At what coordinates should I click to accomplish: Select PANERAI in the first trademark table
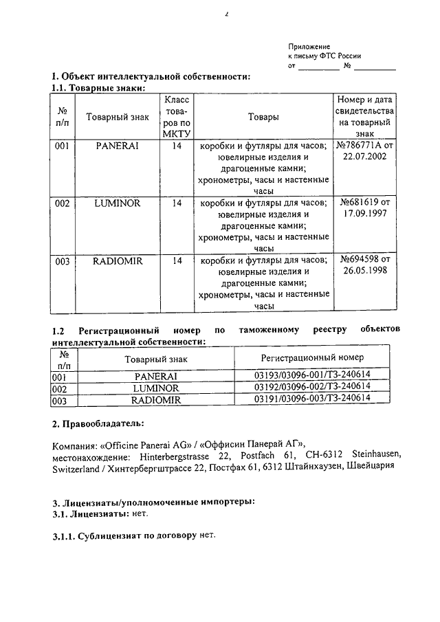pos(117,146)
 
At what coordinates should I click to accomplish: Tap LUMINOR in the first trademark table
pos(117,203)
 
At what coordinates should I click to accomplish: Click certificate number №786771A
pos(365,146)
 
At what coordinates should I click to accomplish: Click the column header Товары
pos(263,118)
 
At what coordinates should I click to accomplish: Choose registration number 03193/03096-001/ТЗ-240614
pos(313,376)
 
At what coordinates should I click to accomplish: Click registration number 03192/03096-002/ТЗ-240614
pos(313,387)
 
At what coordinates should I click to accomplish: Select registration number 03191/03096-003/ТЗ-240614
pos(313,399)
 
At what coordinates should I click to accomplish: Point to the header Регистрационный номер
pos(313,358)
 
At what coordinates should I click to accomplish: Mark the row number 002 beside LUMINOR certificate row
pos(63,203)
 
